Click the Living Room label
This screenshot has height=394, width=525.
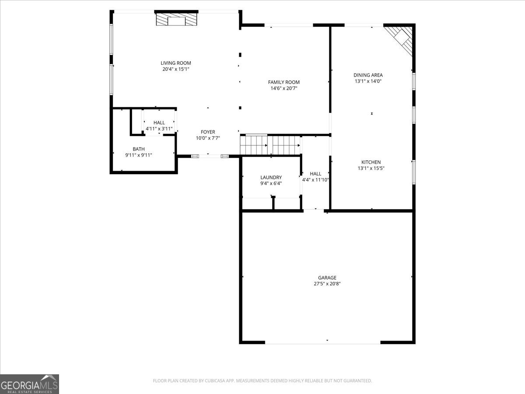point(175,63)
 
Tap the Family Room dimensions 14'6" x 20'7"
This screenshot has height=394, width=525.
point(283,88)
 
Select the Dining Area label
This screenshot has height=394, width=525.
point(368,75)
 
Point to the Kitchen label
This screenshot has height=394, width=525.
point(371,162)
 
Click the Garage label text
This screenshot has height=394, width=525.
point(327,278)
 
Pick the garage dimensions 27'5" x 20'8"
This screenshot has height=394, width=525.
point(327,284)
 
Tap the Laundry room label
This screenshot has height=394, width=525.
point(271,177)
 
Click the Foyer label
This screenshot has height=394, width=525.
point(208,132)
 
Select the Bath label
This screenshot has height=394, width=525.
point(139,149)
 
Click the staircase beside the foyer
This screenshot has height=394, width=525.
point(270,145)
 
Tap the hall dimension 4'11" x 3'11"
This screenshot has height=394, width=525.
point(159,129)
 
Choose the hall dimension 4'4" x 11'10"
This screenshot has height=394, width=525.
point(315,179)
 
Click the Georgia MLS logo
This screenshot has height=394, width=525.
point(29,384)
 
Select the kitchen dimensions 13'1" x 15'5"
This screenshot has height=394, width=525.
point(371,168)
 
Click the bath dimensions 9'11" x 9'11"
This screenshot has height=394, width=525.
point(139,155)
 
